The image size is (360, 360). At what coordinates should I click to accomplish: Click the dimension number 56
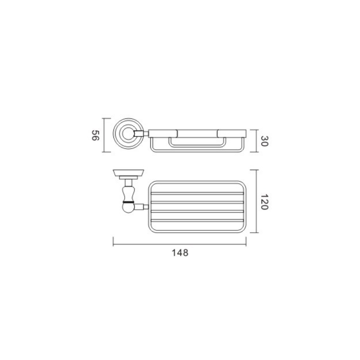click(95, 135)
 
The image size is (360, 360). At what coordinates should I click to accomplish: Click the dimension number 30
click(265, 141)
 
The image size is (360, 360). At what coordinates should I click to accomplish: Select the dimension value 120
click(265, 202)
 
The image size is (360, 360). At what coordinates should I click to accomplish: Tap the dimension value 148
click(180, 253)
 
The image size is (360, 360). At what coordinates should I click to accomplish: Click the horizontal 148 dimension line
click(180, 245)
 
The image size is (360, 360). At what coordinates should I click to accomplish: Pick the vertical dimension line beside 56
click(104, 135)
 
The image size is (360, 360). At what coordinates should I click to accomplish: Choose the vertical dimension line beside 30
click(255, 141)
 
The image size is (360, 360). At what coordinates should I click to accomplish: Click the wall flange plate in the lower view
click(128, 173)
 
